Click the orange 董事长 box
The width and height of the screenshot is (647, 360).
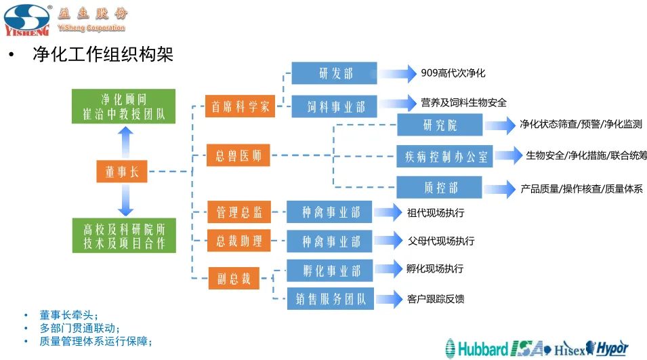[122, 172]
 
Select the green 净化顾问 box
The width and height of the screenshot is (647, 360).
[124, 106]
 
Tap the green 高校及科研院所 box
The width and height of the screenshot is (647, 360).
[124, 235]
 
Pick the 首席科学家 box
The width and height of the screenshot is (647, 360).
[240, 106]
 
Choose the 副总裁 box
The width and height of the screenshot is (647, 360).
[234, 278]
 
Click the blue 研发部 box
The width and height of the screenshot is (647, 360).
[334, 73]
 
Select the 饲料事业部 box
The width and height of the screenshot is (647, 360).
[334, 106]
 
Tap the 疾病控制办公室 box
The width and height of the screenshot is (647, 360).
[445, 157]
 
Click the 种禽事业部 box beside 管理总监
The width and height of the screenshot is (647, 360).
[329, 212]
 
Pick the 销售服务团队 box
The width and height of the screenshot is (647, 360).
[330, 298]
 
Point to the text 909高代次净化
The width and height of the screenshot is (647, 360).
[453, 73]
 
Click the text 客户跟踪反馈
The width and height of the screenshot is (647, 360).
[436, 298]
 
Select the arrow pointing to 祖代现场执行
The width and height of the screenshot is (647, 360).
[390, 212]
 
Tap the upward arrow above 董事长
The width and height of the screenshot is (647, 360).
[125, 142]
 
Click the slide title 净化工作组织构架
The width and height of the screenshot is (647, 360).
[103, 54]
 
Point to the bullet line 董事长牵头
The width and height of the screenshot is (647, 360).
[69, 315]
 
